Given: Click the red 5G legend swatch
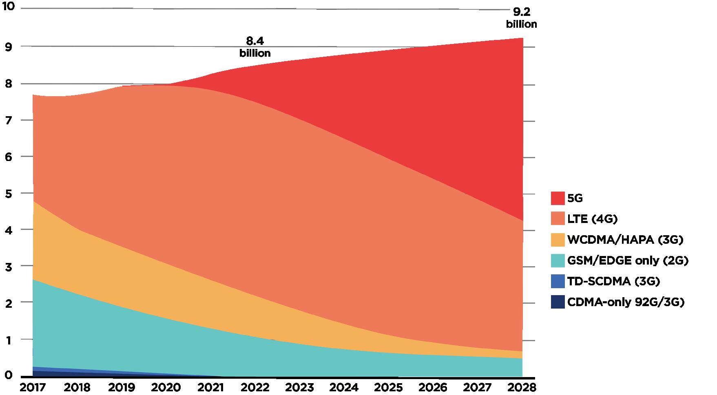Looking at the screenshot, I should pyautogui.click(x=558, y=198).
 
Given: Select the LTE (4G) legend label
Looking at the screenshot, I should pyautogui.click(x=592, y=219).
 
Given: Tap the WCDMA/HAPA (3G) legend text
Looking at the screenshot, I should pyautogui.click(x=625, y=240).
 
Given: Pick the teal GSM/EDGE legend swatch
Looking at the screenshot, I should pyautogui.click(x=558, y=260).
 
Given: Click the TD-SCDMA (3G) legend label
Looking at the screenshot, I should pyautogui.click(x=613, y=281).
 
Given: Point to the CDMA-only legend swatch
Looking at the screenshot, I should pyautogui.click(x=558, y=302).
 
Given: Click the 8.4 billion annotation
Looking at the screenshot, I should pyautogui.click(x=255, y=47).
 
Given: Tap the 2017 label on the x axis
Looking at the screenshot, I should pyautogui.click(x=32, y=386).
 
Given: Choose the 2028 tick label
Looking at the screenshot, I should pyautogui.click(x=523, y=386).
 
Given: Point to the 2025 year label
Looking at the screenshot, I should pyautogui.click(x=390, y=386).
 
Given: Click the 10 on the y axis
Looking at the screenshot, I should pyautogui.click(x=8, y=7).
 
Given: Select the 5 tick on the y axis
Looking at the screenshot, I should pyautogui.click(x=8, y=194).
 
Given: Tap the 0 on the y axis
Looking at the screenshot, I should pyautogui.click(x=8, y=375).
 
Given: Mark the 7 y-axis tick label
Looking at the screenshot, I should pyautogui.click(x=8, y=121).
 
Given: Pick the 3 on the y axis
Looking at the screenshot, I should pyautogui.click(x=8, y=267).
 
